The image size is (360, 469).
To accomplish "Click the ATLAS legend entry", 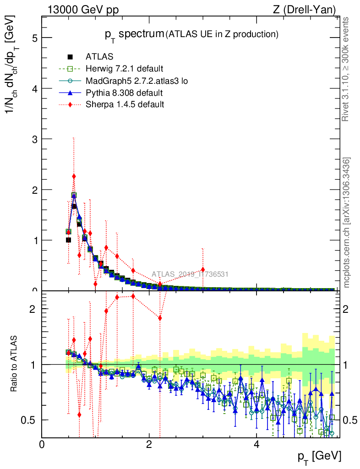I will (99, 57).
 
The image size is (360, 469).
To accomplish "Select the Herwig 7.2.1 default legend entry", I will (124, 69).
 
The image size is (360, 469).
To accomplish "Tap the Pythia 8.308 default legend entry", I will (124, 93).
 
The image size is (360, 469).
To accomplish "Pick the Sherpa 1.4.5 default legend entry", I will (125, 104).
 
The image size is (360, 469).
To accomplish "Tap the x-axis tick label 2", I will (149, 445).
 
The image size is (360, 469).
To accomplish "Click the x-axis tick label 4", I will (256, 445).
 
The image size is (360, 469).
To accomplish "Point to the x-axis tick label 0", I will (42, 445).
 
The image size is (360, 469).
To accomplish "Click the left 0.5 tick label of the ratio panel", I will (28, 420).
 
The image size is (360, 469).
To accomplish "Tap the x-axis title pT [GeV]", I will (320, 456).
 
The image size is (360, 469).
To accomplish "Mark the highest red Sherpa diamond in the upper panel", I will (74, 176).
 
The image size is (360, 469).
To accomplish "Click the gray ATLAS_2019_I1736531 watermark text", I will (190, 274).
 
